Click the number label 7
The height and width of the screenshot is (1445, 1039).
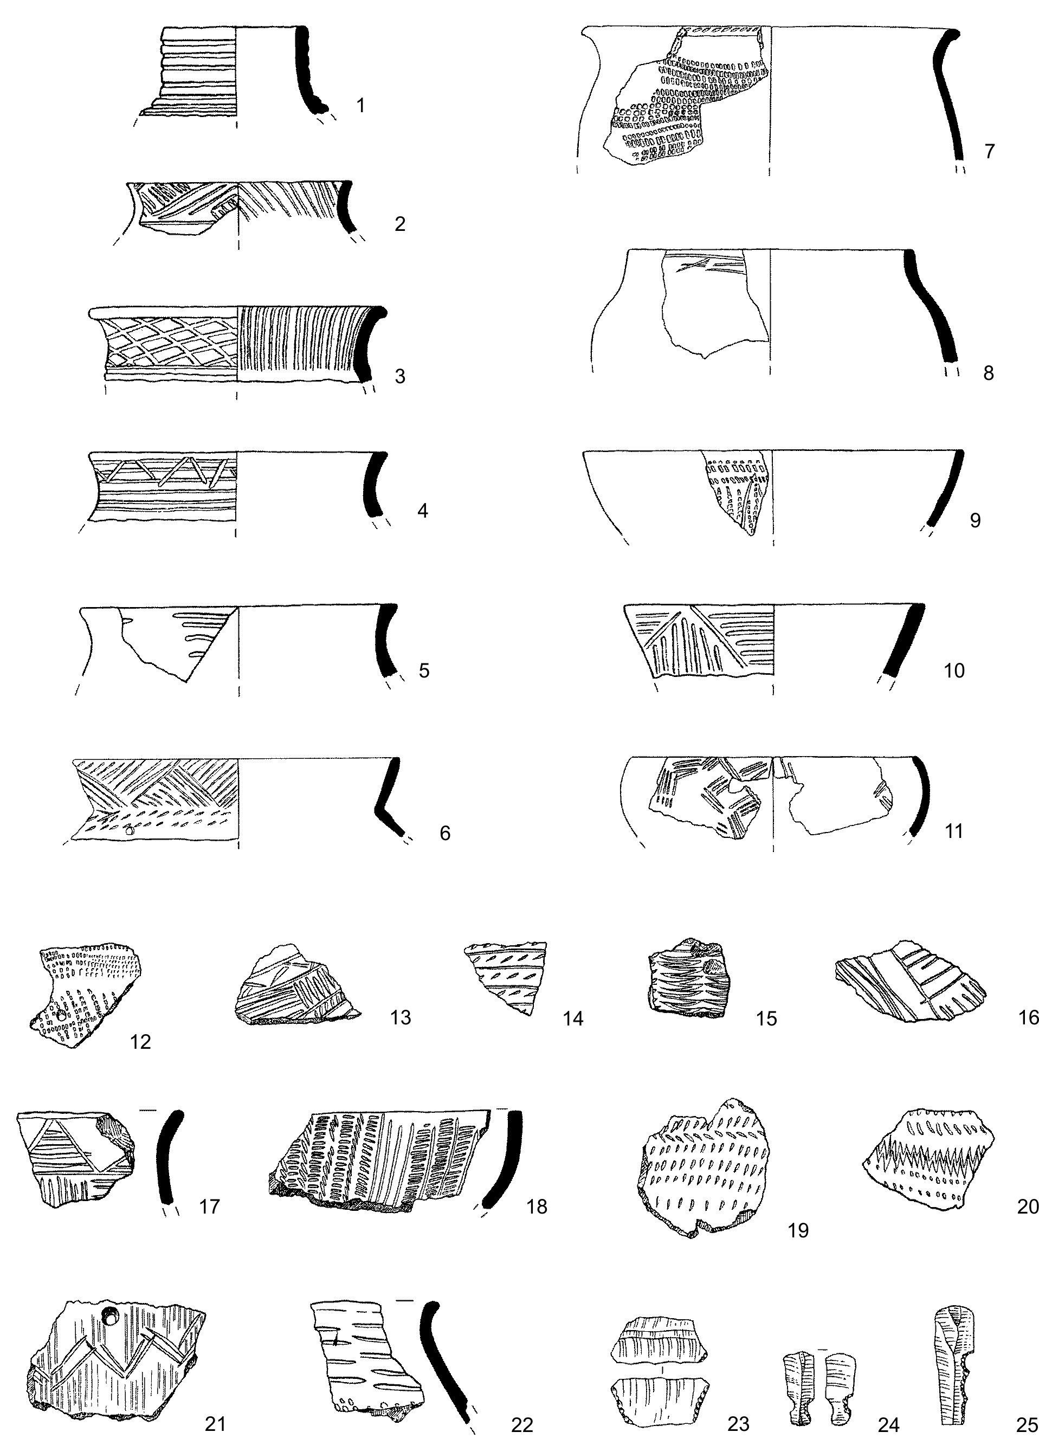point(989,152)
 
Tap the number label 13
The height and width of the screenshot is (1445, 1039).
point(400,1017)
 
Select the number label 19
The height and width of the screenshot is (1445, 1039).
point(798,1230)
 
